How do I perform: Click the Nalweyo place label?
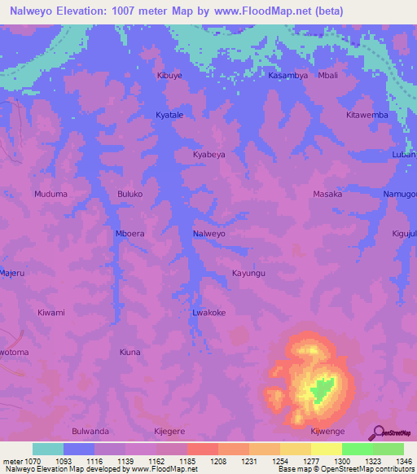(x=208, y=234)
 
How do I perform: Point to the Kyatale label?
(x=169, y=116)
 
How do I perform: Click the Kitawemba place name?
(x=367, y=115)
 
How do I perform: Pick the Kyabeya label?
(x=208, y=154)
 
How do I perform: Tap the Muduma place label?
(x=50, y=195)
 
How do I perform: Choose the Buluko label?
(x=130, y=195)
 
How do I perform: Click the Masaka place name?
(x=327, y=195)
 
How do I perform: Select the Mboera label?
(x=130, y=234)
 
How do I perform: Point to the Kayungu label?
(x=248, y=274)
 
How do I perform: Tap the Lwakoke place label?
(x=208, y=313)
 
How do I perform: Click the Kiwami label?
(x=51, y=313)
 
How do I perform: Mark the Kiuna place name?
(x=130, y=353)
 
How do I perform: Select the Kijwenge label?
(x=327, y=432)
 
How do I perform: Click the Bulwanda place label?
(x=90, y=432)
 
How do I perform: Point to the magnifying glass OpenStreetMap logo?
(x=377, y=432)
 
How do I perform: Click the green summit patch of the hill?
(x=323, y=390)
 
